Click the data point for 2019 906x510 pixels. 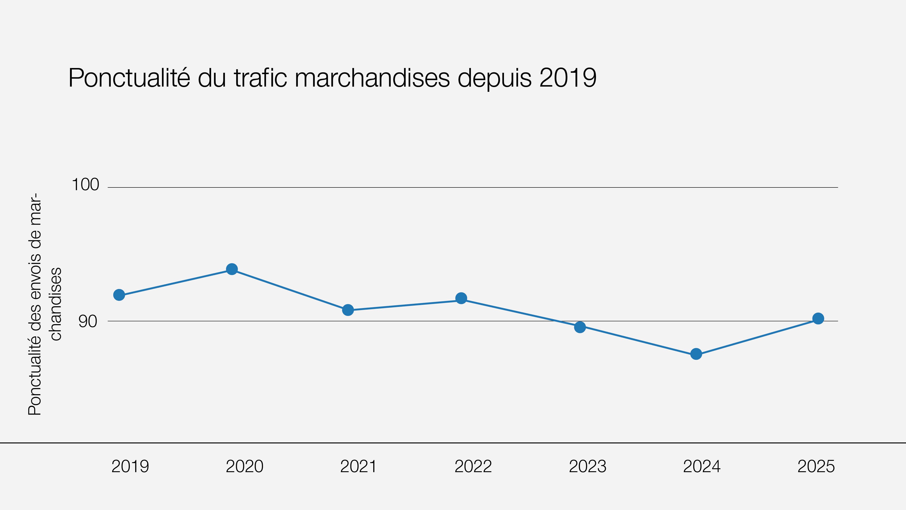[119, 295]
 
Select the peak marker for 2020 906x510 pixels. [232, 269]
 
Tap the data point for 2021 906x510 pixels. [348, 310]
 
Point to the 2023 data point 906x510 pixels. [580, 327]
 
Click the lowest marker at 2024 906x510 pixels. [696, 354]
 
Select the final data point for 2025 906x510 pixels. [818, 318]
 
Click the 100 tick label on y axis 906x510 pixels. [85, 185]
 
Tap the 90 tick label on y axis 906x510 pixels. [88, 321]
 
